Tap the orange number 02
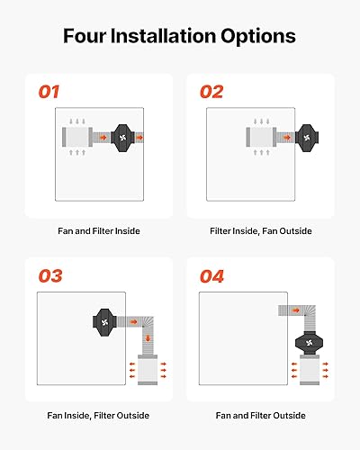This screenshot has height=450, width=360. click(x=212, y=92)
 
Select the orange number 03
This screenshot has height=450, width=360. click(x=50, y=276)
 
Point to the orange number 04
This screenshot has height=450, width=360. click(x=212, y=276)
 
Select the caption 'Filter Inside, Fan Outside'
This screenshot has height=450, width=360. click(x=261, y=231)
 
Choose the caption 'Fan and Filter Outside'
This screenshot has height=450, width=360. click(x=261, y=415)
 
